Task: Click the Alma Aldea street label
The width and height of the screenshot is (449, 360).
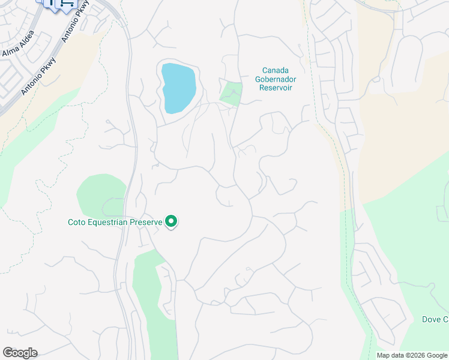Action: (x=18, y=45)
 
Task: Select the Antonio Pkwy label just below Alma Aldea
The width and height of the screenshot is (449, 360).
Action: (x=38, y=76)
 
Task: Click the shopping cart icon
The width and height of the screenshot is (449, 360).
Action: (x=67, y=4)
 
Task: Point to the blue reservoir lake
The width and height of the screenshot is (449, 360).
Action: (x=178, y=88)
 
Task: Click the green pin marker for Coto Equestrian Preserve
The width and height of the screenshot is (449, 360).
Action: (x=171, y=222)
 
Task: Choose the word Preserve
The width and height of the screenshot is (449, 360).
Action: (x=148, y=223)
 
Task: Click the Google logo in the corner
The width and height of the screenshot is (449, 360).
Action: (x=20, y=353)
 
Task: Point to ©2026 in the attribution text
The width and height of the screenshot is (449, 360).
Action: (x=414, y=355)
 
